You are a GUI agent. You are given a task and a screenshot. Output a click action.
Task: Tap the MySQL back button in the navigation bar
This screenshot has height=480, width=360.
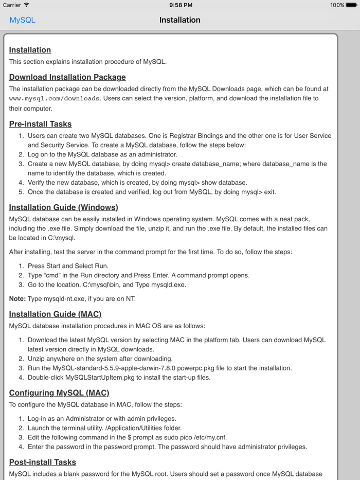coord(22,20)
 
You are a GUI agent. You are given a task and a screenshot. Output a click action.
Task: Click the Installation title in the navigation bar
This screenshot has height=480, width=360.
coord(179,20)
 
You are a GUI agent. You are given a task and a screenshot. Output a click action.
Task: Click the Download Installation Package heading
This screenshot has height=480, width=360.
coord(67,77)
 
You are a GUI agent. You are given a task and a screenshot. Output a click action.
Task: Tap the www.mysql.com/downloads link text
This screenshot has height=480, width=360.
coord(54,99)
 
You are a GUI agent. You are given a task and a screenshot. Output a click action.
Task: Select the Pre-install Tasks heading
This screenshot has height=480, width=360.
coord(40,124)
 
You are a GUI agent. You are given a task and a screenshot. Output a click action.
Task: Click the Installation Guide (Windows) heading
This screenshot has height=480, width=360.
coord(63,207)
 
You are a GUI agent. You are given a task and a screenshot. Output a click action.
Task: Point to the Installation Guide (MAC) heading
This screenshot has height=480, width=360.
coord(55,314)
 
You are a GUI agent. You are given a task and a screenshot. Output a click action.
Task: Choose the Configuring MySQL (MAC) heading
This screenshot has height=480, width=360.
coord(59,393)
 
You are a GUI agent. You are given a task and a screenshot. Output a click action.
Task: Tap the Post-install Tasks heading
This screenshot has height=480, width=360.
coord(42,462)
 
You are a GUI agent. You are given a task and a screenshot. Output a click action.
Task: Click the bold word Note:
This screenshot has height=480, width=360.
coord(17,299)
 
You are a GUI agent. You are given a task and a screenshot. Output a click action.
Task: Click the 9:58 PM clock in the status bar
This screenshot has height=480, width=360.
coord(180,5)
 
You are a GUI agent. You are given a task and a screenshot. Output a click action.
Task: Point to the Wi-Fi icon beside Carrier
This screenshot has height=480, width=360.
coord(27,5)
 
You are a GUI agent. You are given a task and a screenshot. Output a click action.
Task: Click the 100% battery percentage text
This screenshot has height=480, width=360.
coord(337,5)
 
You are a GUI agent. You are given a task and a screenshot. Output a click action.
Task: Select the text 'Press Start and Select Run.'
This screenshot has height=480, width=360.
coord(68,266)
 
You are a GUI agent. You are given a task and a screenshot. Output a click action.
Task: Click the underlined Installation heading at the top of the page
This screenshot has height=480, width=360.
coord(30,50)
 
